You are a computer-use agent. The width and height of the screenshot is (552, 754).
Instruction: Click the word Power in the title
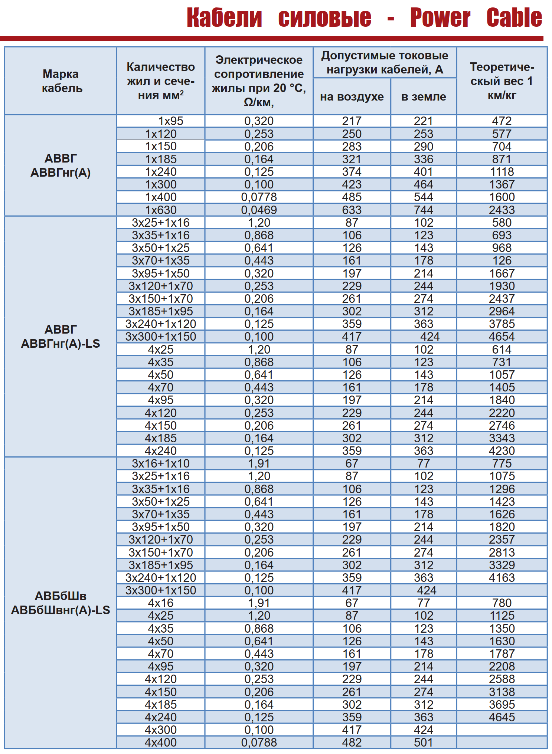coord(440,18)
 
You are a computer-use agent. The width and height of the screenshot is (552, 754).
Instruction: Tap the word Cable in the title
coord(514,18)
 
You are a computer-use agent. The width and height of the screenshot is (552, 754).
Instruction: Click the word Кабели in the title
coord(224,18)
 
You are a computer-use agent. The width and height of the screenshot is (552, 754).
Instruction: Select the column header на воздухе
coord(352,97)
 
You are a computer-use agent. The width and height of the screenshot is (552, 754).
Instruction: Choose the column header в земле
coord(424,97)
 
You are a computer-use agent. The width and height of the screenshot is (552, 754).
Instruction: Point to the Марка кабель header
coord(61,81)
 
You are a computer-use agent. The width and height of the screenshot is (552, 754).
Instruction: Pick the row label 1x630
coord(161,210)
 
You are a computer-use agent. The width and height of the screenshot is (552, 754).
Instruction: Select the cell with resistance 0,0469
coord(259,210)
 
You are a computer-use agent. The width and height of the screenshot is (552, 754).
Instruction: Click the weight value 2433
coord(502,210)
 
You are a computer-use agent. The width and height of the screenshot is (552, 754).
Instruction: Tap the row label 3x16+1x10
coord(161,463)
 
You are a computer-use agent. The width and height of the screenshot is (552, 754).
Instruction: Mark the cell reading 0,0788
coord(259,742)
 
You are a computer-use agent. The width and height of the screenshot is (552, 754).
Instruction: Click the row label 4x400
coord(161,742)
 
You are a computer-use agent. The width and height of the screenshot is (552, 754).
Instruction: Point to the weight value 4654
coord(502,337)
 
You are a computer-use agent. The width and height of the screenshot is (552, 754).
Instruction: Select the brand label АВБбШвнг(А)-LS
coord(61,610)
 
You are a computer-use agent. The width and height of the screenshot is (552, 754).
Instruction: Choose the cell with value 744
coord(424,210)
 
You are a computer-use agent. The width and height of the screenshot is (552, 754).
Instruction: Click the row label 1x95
coord(171,121)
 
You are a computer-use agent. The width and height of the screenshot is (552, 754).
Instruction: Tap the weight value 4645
coord(502,717)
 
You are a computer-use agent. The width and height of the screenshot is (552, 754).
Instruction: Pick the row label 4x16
coord(161,603)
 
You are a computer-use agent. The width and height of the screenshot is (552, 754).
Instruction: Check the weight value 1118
coord(502,172)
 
